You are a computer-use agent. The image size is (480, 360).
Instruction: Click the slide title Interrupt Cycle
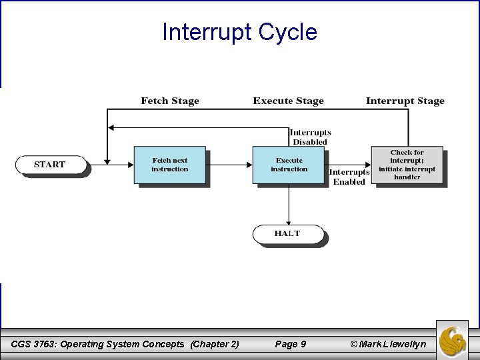(239, 31)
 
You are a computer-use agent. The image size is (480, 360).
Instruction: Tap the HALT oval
(287, 234)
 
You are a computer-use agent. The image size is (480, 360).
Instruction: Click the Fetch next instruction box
(170, 165)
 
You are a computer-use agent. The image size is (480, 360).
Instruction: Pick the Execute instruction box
(289, 165)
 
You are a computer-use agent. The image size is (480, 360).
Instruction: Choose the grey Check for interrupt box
(407, 165)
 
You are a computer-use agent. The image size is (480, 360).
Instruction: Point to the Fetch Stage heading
(169, 101)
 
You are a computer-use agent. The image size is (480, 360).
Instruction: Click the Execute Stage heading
(288, 101)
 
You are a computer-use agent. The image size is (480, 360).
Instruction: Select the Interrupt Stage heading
(405, 101)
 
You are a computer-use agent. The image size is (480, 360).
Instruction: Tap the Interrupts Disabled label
(310, 137)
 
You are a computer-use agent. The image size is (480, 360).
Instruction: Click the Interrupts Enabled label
(349, 177)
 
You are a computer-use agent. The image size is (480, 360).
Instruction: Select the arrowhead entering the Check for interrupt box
(367, 163)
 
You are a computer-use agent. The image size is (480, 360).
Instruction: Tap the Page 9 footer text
(290, 344)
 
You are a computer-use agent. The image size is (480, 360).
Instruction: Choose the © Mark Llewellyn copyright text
(383, 344)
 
